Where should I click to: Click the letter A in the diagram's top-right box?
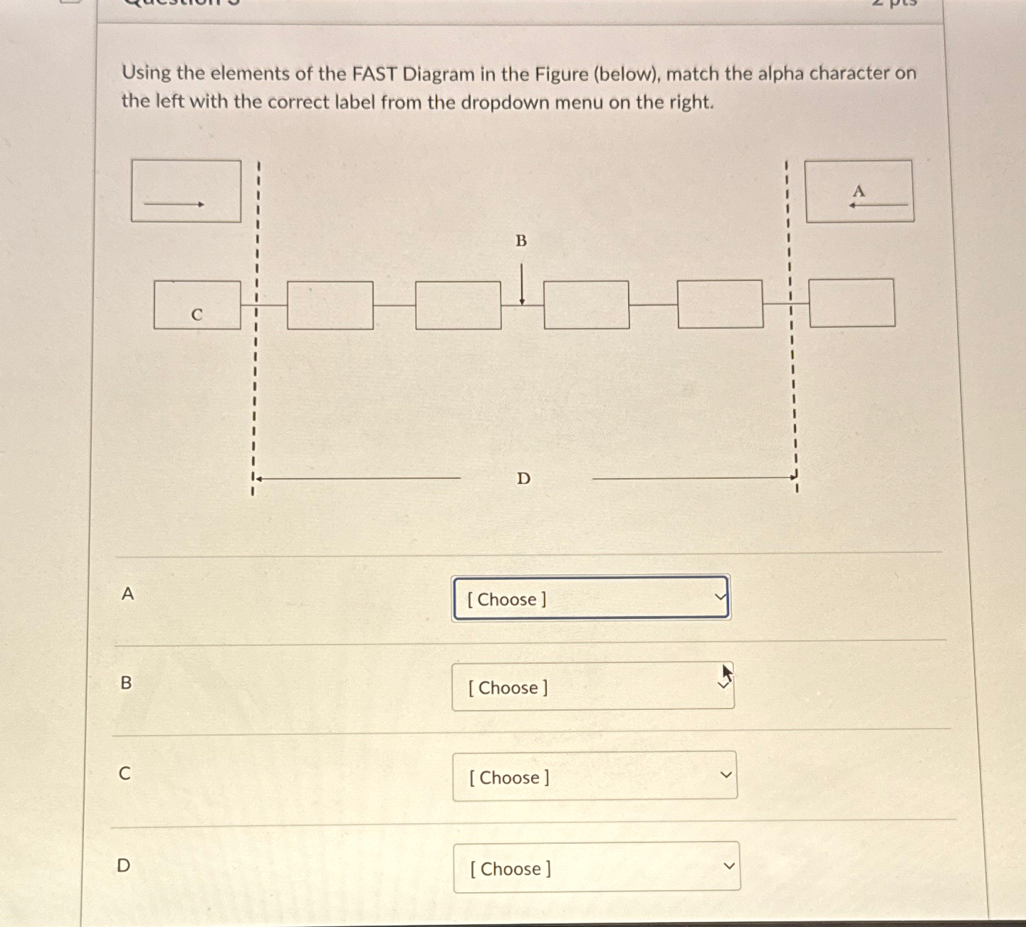859,191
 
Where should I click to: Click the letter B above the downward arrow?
521,241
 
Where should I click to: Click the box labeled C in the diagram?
197,305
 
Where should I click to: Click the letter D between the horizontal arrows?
523,479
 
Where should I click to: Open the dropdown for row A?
591,598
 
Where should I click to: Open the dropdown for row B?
592,687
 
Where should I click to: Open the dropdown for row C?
595,777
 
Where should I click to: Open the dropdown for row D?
597,867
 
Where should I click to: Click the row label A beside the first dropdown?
127,593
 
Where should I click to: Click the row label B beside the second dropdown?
126,683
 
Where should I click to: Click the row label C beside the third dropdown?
125,773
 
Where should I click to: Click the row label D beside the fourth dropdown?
124,865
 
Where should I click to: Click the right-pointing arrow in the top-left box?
174,204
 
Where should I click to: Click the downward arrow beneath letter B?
522,285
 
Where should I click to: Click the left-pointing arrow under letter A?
877,205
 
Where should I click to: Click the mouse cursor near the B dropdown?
726,673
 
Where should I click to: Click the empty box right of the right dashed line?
852,303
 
